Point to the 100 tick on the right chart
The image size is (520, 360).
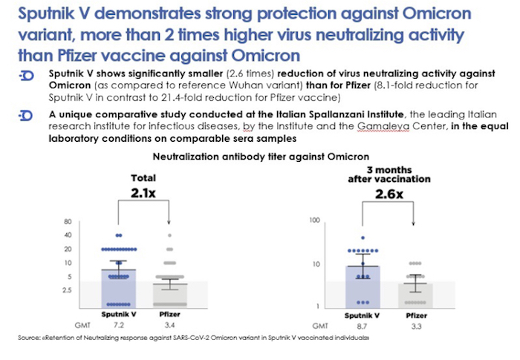click(x=313, y=221)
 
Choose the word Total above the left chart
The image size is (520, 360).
click(x=144, y=179)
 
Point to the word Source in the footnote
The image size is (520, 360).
click(x=29, y=339)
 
